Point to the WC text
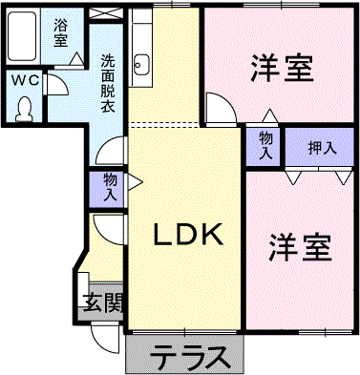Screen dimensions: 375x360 click(26, 81)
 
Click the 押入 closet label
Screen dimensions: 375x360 click(322, 148)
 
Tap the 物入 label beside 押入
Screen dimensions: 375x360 click(265, 145)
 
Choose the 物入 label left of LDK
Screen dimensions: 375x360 click(110, 186)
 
